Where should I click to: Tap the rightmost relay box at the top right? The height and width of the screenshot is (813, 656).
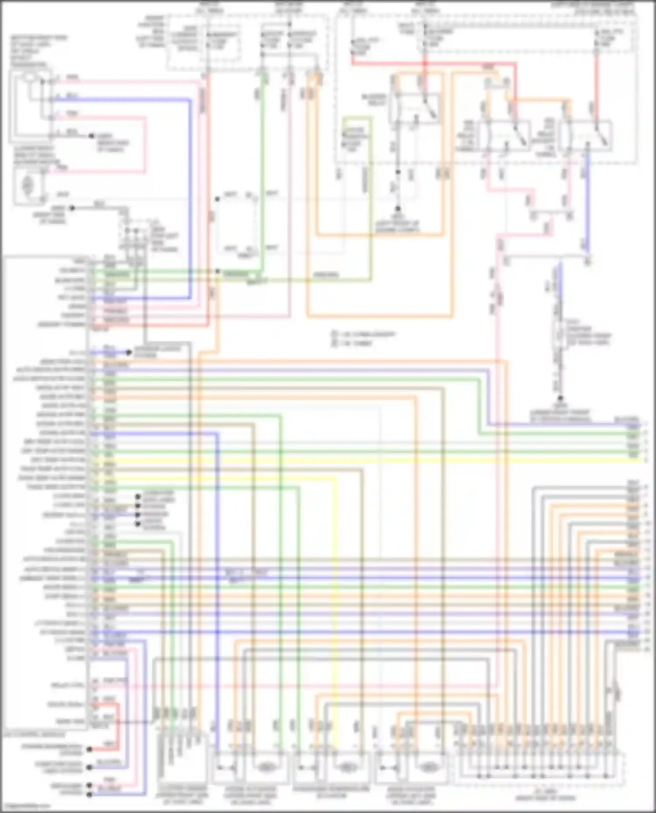click(585, 135)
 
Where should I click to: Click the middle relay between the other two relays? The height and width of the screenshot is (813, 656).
click(504, 135)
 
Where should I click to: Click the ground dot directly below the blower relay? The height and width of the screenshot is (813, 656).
click(398, 209)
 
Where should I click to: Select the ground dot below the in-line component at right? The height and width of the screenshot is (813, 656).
click(560, 398)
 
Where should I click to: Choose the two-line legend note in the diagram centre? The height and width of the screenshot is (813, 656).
click(363, 339)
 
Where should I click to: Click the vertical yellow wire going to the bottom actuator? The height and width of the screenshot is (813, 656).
click(335, 612)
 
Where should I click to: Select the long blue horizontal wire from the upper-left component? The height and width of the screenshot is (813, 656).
click(131, 100)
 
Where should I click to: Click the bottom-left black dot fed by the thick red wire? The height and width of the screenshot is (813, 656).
click(89, 750)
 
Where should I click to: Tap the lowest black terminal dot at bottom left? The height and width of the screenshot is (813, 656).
click(89, 795)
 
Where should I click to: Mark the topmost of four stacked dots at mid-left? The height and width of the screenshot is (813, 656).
click(138, 497)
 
